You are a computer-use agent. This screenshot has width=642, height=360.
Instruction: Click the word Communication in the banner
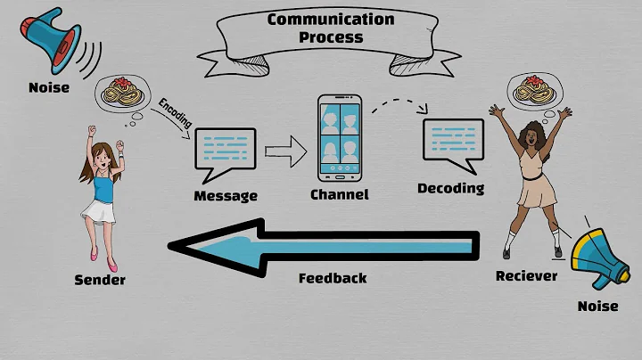coord(332,19)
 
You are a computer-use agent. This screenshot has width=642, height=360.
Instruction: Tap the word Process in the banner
coord(332,37)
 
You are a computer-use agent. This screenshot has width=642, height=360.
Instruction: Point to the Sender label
coord(100,281)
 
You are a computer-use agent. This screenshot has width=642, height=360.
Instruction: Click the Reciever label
coord(526,276)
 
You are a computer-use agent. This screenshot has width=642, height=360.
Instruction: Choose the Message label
coord(226,195)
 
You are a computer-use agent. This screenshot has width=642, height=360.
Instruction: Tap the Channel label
coord(338,194)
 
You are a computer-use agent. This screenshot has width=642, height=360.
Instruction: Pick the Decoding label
coord(451,188)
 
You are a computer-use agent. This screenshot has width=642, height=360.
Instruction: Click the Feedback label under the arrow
coord(332,278)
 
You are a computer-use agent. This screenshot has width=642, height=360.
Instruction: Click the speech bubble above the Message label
coord(225,149)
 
